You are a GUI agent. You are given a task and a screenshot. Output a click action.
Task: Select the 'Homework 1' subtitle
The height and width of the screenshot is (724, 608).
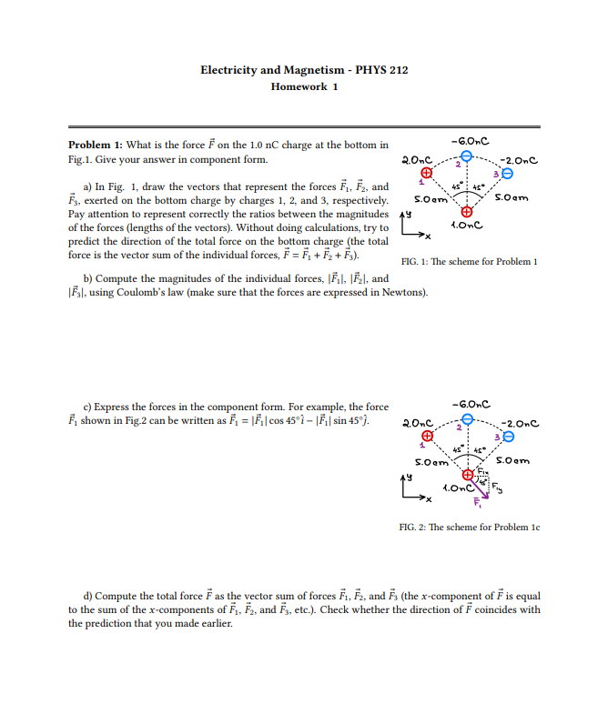304,86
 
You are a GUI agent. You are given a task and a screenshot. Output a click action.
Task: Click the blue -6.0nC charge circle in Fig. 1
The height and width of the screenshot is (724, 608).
467,157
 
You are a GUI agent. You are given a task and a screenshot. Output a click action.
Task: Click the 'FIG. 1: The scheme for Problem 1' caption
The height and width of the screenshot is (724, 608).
470,261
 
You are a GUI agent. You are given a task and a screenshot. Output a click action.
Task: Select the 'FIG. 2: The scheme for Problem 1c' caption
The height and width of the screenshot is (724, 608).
470,527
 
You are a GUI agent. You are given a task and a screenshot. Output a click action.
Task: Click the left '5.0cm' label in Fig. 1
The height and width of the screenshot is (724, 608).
429,198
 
